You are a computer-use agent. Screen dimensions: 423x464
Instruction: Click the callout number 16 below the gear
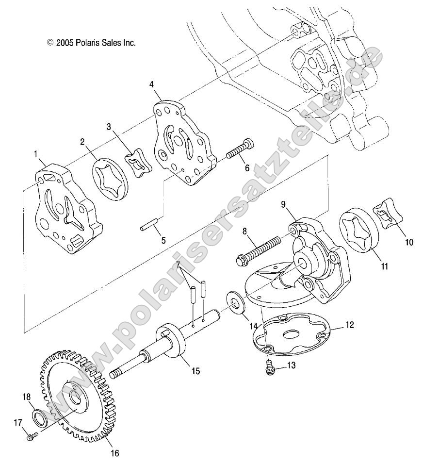point(114,453)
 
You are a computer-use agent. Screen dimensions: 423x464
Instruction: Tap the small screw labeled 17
point(30,435)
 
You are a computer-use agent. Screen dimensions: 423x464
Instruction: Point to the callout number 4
point(152,84)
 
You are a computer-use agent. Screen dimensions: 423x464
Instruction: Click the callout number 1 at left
point(35,154)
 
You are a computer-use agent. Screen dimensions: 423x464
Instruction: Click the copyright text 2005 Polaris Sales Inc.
point(91,43)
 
